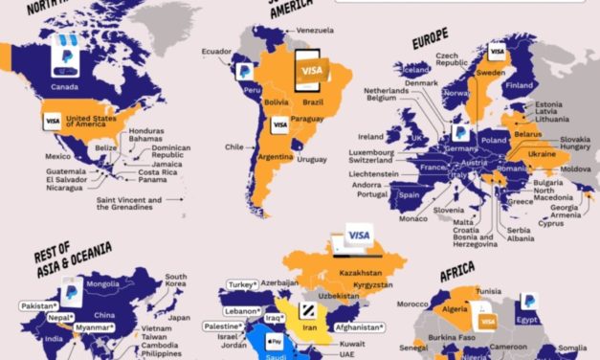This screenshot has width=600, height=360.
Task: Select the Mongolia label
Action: (102, 283)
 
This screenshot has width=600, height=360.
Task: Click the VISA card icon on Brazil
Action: (311, 71)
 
